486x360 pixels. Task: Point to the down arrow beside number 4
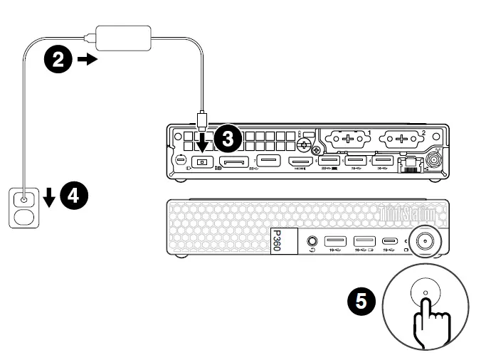48,196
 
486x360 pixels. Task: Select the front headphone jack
311,241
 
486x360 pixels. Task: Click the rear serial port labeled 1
347,138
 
